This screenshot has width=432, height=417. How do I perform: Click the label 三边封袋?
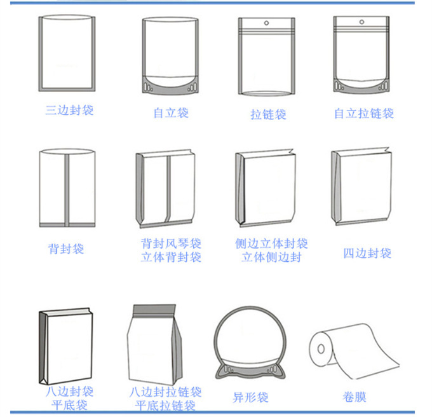(x=69, y=110)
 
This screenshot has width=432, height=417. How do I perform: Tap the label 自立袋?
(x=171, y=113)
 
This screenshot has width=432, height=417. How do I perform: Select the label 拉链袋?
(x=268, y=114)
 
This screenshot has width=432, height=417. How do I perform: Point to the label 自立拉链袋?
(x=364, y=113)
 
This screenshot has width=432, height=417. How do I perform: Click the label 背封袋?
(x=66, y=249)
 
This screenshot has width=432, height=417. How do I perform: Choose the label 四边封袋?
(x=367, y=253)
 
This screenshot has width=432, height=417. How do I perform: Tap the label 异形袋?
(x=250, y=398)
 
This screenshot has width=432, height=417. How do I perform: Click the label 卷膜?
(x=354, y=397)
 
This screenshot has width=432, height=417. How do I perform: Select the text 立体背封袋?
(x=171, y=257)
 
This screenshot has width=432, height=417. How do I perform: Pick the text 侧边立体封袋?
(x=271, y=243)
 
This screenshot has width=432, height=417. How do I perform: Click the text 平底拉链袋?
(x=165, y=406)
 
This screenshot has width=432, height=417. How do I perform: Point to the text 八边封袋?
(x=69, y=391)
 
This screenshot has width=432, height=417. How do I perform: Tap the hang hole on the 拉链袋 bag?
(x=267, y=25)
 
